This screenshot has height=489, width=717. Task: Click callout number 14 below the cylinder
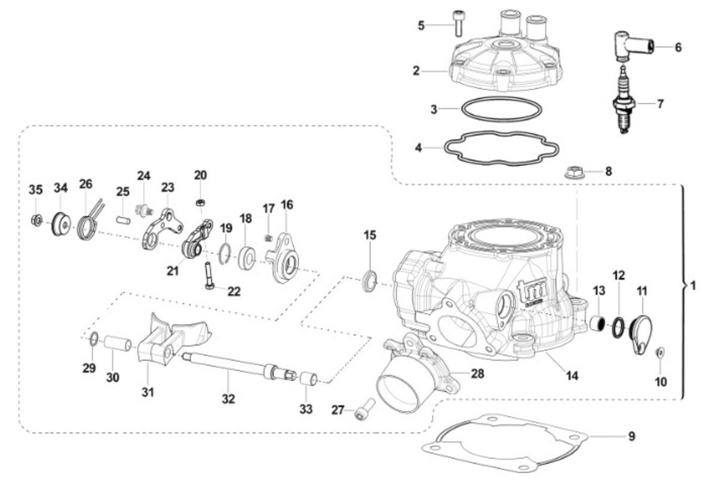572,376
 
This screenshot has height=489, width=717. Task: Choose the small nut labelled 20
201,202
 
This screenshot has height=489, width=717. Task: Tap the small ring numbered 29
93,339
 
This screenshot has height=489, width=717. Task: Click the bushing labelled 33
308,379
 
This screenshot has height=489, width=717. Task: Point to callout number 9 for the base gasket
631,436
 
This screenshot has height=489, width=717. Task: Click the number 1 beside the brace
693,286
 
